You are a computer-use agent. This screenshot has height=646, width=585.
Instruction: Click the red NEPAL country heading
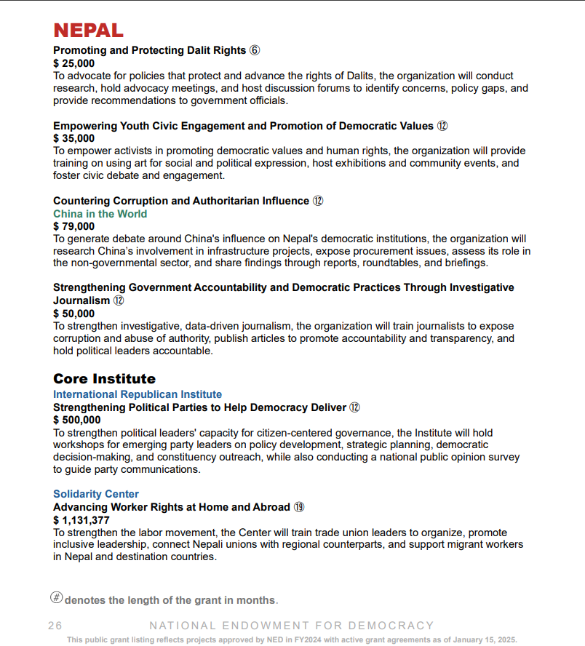coord(88,31)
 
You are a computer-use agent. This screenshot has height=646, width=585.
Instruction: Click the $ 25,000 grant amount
coord(73,63)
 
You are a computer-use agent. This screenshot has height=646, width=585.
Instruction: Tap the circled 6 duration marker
coord(254,51)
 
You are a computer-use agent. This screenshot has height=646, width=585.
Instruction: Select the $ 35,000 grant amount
coord(73,138)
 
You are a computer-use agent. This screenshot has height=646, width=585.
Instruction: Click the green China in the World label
coord(100,214)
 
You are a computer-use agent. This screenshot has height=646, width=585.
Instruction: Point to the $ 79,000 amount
coord(73,226)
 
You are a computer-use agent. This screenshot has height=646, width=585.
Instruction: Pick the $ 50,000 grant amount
coord(73,314)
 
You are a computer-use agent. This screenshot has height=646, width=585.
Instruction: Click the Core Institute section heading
coord(104,379)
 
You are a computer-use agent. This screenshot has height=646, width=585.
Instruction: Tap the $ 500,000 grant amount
coord(76,420)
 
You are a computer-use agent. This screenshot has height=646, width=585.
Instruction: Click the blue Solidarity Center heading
coord(95,494)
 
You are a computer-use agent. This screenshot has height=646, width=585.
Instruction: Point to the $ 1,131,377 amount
coord(81,520)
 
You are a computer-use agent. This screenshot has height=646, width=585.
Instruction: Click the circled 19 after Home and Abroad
coord(299,507)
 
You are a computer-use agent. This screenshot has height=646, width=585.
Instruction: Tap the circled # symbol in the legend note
coord(56,598)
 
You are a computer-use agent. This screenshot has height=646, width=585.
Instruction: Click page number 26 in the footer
coord(55,626)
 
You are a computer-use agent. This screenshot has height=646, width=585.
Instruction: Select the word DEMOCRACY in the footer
coord(391,626)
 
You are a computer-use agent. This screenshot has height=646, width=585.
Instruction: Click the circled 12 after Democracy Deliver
coord(355,407)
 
